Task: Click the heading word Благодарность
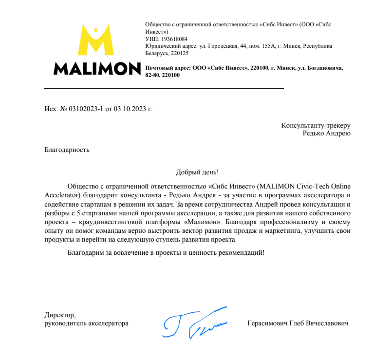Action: point(67,150)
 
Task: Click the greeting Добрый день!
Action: point(197,172)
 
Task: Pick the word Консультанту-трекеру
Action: point(316,125)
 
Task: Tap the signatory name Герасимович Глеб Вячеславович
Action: point(298,323)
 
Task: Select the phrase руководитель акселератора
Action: point(86,323)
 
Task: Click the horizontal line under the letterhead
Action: point(164,88)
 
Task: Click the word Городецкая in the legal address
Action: point(223,46)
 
